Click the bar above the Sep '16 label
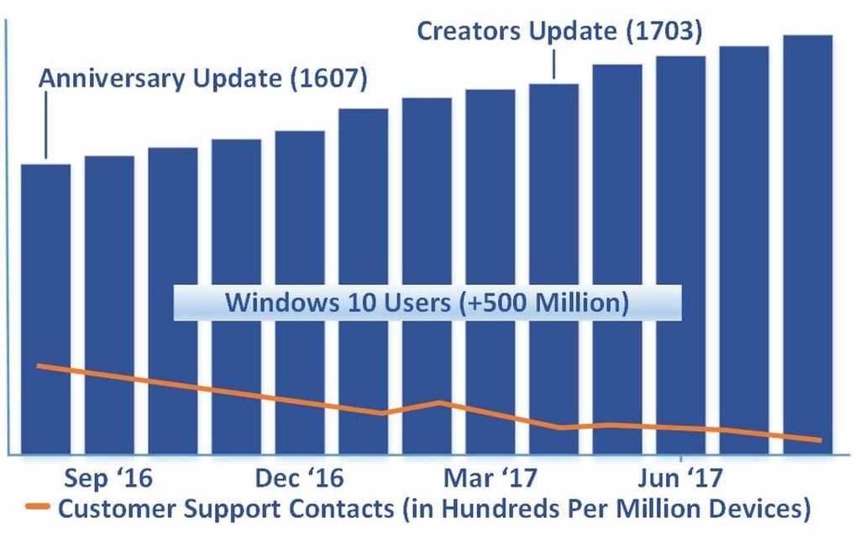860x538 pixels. (x=109, y=252)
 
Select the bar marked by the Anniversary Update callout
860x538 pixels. (x=45, y=252)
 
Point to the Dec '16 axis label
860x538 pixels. (x=300, y=479)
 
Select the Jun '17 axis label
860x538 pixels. (x=674, y=479)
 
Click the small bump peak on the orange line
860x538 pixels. (x=440, y=402)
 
